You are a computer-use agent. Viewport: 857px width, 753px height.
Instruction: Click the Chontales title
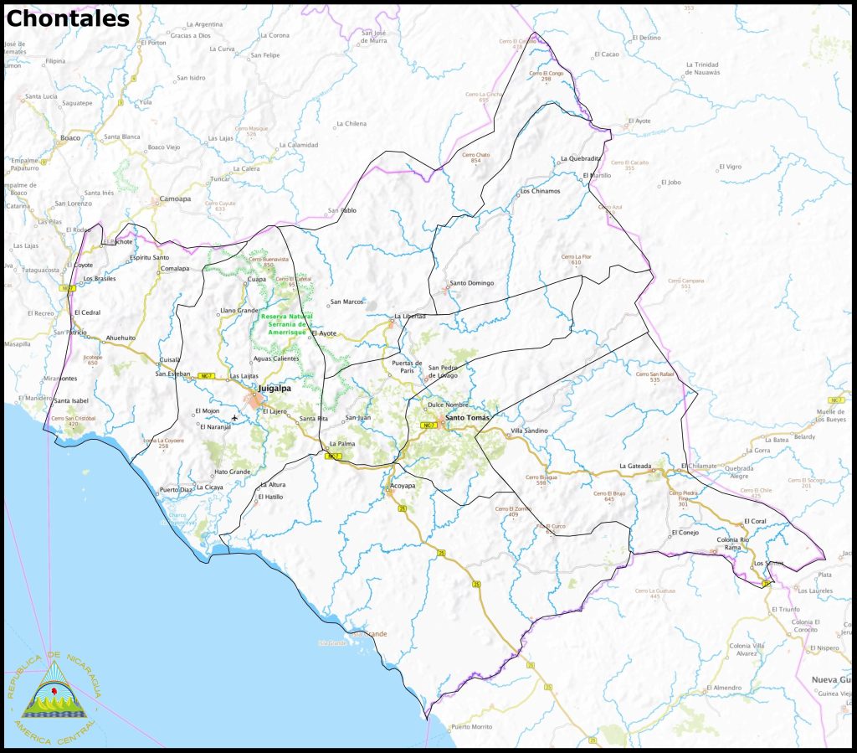click(68, 18)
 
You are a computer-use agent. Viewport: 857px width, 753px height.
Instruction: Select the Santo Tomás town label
click(465, 417)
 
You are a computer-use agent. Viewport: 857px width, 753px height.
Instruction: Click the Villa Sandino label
click(529, 431)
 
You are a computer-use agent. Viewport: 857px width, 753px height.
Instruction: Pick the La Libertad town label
click(410, 316)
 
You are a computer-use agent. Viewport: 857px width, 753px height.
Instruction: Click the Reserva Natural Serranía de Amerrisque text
click(286, 324)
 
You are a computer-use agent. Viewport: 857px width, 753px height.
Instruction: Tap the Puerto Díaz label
click(175, 489)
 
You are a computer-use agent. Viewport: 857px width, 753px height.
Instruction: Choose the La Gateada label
click(634, 466)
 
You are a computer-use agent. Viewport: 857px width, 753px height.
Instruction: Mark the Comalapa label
click(175, 269)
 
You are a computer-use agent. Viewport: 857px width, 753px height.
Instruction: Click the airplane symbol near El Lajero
click(235, 417)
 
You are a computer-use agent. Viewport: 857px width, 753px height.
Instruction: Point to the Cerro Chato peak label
click(475, 156)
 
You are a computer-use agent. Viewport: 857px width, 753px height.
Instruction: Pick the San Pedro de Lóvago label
click(444, 372)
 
